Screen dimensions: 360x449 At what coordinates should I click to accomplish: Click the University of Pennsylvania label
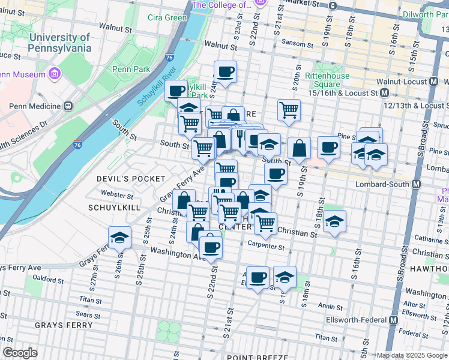click(59, 42)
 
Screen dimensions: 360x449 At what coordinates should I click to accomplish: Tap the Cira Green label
click(167, 17)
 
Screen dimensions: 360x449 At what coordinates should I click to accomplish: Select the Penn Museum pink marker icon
click(55, 74)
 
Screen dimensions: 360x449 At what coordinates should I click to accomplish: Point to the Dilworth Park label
click(426, 14)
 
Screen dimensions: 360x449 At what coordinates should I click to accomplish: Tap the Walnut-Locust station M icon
click(433, 82)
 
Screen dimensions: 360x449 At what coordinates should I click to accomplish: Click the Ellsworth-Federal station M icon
click(393, 320)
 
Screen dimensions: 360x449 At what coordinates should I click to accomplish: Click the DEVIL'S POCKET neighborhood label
click(131, 179)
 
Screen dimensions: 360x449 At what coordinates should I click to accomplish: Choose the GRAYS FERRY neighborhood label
click(64, 325)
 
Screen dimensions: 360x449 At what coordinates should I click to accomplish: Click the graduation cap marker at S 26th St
click(119, 237)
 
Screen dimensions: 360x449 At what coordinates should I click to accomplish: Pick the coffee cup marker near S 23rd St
click(225, 72)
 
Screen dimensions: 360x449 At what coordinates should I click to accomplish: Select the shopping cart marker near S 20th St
click(289, 110)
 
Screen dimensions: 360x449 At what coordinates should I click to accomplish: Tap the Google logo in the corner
click(20, 353)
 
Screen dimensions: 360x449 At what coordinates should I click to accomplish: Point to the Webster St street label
click(117, 195)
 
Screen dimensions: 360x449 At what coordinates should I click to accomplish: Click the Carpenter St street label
click(267, 246)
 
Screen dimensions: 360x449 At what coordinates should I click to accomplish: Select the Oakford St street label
click(48, 278)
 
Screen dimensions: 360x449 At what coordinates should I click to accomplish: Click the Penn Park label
click(134, 69)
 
